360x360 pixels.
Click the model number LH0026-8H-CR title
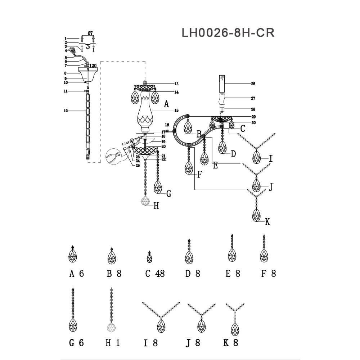[228, 32]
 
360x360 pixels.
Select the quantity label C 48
[155, 274]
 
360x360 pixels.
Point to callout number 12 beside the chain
[66, 111]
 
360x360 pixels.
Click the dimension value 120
[93, 66]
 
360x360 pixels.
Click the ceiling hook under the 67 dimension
[87, 46]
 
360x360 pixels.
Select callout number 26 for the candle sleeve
[253, 84]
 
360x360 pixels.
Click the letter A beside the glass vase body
[166, 104]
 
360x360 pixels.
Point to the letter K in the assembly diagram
[267, 222]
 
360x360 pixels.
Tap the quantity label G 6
[76, 343]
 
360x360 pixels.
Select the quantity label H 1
[112, 343]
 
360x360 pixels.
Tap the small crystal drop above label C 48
[149, 257]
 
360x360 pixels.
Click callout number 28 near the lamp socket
[253, 109]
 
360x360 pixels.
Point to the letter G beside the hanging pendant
[168, 194]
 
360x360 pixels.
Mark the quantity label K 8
[231, 343]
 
